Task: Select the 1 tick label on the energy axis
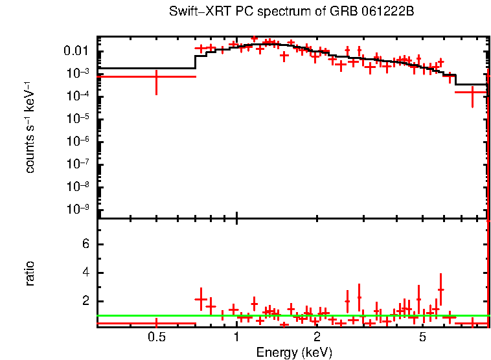pyautogui.click(x=236, y=337)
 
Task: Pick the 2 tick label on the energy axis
pyautogui.click(x=317, y=337)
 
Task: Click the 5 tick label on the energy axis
pyautogui.click(x=422, y=337)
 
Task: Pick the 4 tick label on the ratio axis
pyautogui.click(x=84, y=273)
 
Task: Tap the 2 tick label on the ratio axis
pyautogui.click(x=84, y=301)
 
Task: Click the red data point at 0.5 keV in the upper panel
pyautogui.click(x=156, y=76)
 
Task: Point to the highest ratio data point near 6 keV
pyautogui.click(x=441, y=290)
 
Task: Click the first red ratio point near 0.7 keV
pyautogui.click(x=201, y=299)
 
